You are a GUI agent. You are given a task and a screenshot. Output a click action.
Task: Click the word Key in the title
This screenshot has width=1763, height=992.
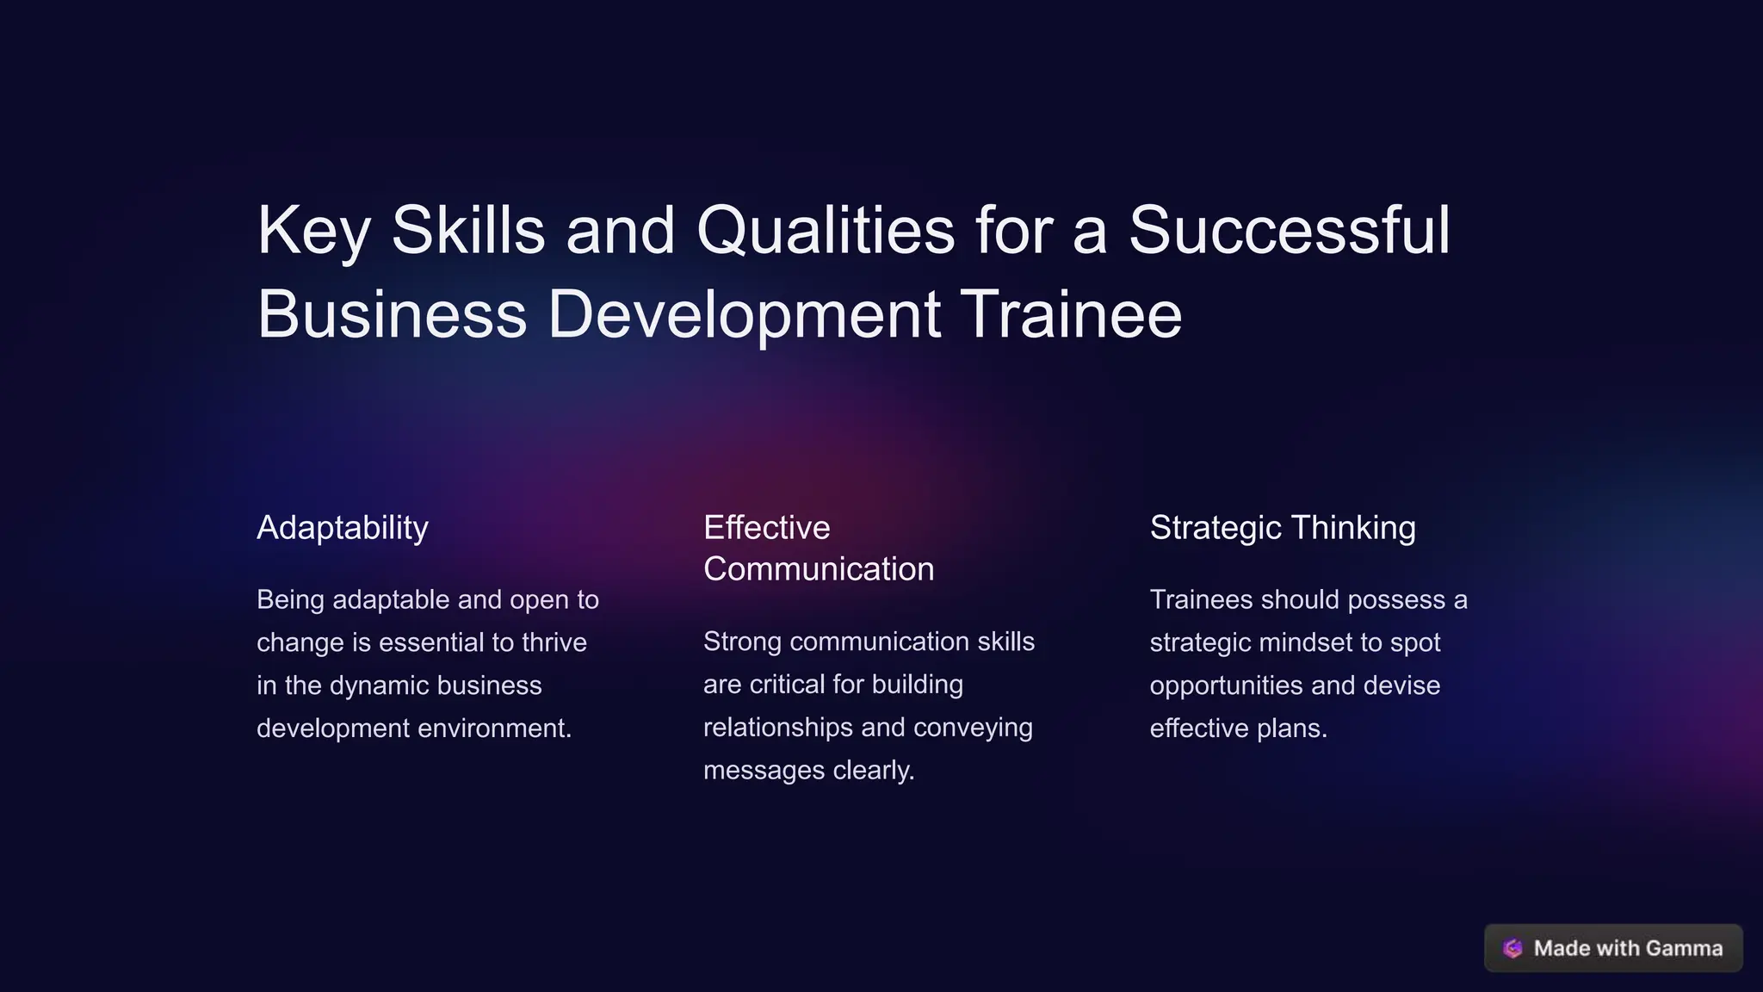click(313, 231)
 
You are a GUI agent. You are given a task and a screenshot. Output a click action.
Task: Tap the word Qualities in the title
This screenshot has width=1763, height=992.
click(825, 231)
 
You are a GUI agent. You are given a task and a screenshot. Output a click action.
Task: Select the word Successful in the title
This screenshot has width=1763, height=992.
click(1289, 231)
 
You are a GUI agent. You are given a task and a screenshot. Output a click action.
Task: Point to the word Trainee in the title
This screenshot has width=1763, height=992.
click(1071, 314)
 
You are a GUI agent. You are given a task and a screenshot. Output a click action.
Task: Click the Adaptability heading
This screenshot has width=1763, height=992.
click(343, 528)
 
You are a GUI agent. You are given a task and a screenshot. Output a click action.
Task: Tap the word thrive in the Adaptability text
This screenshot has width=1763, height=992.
click(554, 642)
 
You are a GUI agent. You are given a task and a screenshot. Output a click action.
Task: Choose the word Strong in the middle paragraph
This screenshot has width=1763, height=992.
click(742, 642)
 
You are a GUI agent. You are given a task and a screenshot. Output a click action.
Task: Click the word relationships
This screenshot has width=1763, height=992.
click(778, 728)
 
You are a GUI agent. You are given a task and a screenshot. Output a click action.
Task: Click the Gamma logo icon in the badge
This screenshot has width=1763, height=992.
click(1512, 948)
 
